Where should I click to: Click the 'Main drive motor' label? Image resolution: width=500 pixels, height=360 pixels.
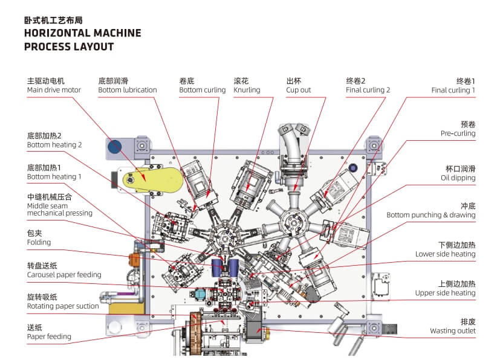tap(54, 90)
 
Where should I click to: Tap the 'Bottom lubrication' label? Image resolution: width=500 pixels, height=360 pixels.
tap(127, 90)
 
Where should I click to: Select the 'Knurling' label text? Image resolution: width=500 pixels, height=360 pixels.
tap(247, 90)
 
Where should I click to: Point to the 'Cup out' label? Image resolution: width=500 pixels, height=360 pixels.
tap(298, 90)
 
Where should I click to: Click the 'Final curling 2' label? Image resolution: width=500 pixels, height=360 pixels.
tap(368, 90)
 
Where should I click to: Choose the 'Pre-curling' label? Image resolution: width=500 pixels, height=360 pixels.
tap(458, 133)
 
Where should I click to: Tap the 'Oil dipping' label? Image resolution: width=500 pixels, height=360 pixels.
tap(458, 178)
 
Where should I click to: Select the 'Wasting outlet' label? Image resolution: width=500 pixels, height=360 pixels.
tap(453, 330)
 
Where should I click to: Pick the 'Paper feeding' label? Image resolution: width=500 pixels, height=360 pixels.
tap(49, 336)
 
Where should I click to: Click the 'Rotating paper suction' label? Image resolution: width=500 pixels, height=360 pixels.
tap(63, 306)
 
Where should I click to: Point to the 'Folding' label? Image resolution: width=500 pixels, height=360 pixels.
tap(39, 242)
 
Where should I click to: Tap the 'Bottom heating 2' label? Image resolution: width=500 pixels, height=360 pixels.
tap(54, 145)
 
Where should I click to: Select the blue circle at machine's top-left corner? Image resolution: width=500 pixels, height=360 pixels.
tap(114, 146)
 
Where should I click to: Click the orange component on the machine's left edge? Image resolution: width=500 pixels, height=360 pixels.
tap(134, 260)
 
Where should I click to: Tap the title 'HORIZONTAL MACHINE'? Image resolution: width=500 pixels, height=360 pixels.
tap(82, 33)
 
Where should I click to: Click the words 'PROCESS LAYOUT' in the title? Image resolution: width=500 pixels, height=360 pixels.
tap(69, 47)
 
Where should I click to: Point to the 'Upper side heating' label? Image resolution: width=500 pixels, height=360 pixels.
tap(445, 293)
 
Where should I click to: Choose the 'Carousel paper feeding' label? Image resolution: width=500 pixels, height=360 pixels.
tap(64, 275)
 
